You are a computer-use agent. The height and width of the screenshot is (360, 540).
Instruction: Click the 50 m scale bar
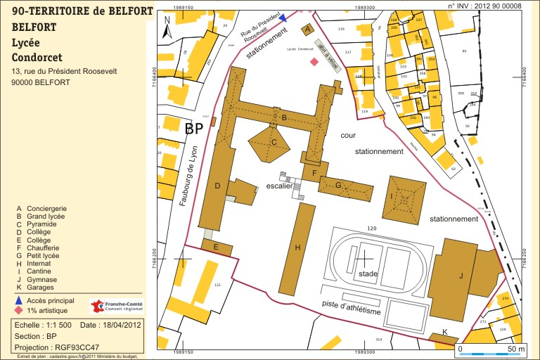(491, 352)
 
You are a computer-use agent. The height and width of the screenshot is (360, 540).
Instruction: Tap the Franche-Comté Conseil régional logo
(116, 307)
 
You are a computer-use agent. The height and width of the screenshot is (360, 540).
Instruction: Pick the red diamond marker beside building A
(314, 62)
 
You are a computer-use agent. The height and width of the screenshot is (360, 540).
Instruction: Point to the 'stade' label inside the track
(368, 274)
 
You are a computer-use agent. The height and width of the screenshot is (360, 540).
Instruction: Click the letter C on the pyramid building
(274, 142)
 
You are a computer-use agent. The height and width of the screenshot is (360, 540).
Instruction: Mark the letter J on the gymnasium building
(461, 276)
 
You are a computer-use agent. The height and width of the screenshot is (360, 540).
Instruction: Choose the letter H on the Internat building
(297, 247)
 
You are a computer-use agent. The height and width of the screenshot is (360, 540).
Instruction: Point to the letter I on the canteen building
(392, 196)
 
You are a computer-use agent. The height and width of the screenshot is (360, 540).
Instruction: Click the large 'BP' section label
(193, 129)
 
